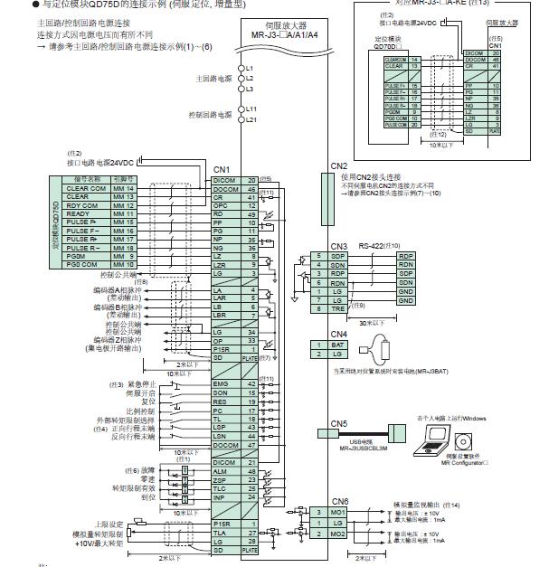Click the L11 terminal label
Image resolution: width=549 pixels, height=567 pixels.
(251, 110)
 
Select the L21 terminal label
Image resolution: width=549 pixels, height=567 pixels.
(251, 119)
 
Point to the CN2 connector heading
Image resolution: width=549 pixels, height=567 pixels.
(338, 166)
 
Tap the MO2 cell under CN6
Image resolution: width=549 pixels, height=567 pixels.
(338, 534)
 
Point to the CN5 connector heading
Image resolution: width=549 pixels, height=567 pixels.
(338, 423)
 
